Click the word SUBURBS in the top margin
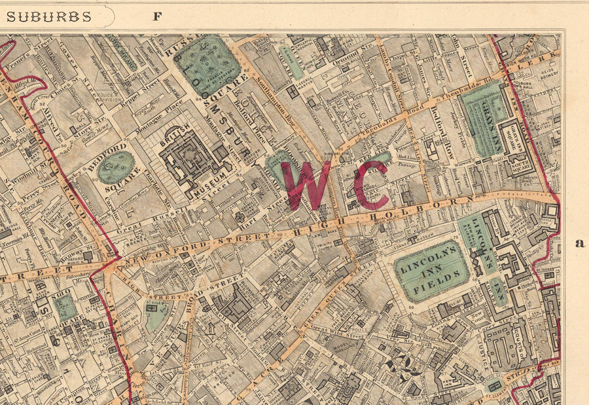(48, 16)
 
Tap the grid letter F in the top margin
(157, 16)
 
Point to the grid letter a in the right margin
(579, 243)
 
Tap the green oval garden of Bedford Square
(116, 167)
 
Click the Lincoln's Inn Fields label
(431, 271)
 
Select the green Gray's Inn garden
(483, 118)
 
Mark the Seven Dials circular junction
(138, 378)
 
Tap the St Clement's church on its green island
(495, 386)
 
